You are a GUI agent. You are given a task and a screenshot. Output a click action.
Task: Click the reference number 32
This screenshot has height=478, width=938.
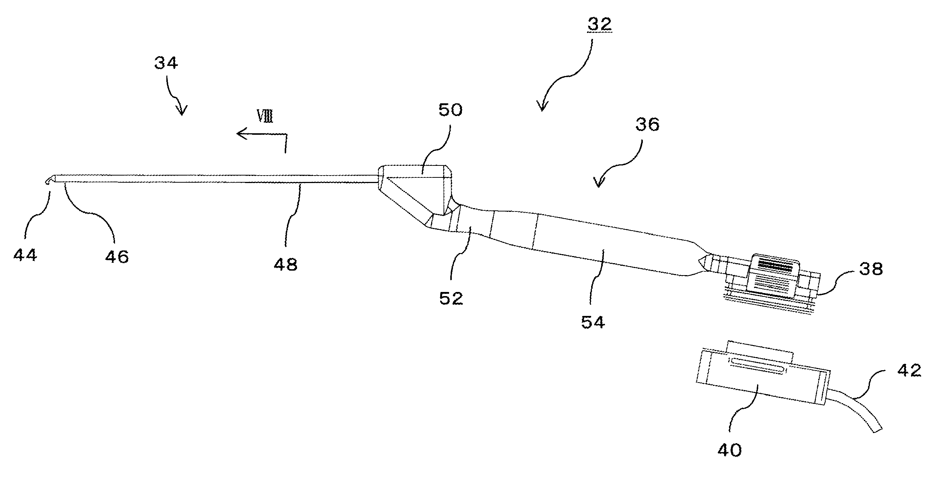[599, 24]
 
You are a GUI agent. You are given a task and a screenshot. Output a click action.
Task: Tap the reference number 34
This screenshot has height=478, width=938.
[166, 63]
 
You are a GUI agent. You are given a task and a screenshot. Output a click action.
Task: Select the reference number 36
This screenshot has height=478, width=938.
[647, 125]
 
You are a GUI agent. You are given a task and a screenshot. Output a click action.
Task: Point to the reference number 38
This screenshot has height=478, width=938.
[871, 269]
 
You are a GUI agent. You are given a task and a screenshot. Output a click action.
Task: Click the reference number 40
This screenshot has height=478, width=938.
[730, 450]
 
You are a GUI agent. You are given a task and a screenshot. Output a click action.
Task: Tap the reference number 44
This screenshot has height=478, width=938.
[25, 255]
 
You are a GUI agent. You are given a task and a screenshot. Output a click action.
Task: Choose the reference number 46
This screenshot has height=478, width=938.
[117, 257]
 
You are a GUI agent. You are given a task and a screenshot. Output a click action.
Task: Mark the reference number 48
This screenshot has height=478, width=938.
[285, 264]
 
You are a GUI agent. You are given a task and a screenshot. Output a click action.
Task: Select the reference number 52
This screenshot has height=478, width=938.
[451, 298]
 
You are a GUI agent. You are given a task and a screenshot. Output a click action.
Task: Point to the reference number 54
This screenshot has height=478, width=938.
[593, 322]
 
